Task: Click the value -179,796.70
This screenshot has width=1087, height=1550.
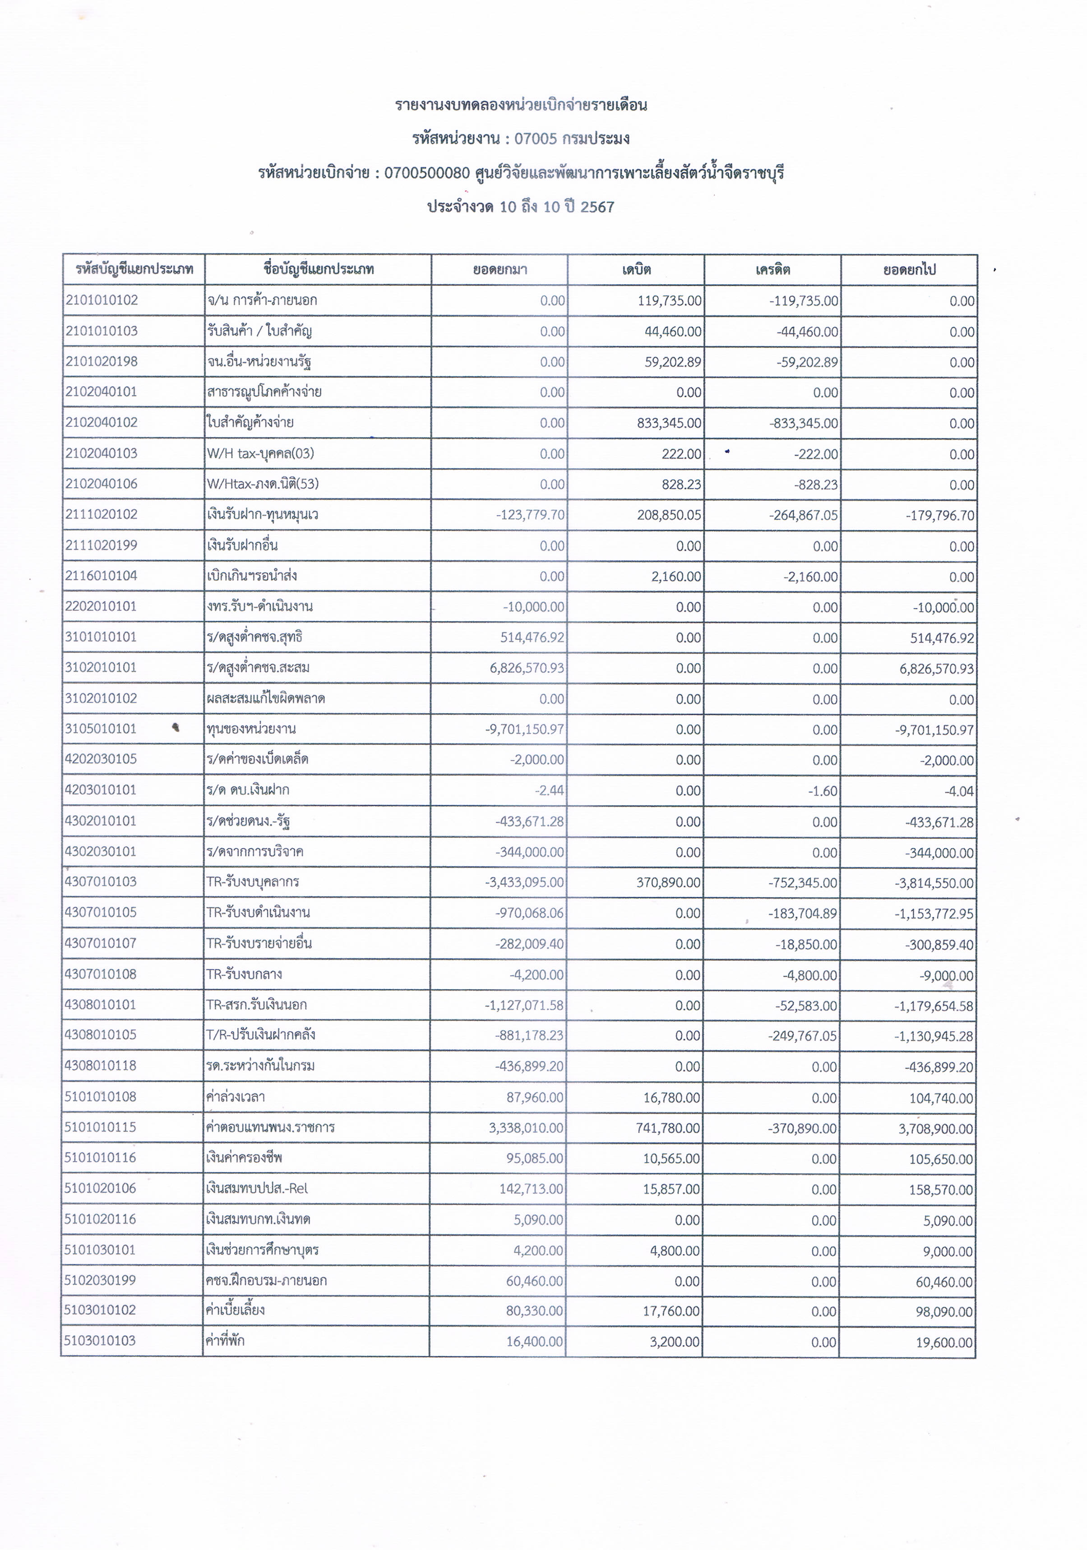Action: [940, 516]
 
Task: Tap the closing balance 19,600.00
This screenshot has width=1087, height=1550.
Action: [944, 1342]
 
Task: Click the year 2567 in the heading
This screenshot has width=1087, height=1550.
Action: [597, 207]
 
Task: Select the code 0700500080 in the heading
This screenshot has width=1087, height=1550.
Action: [427, 173]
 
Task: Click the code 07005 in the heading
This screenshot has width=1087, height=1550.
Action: [536, 138]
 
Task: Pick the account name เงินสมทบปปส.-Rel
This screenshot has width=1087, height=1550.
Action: [257, 1188]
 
